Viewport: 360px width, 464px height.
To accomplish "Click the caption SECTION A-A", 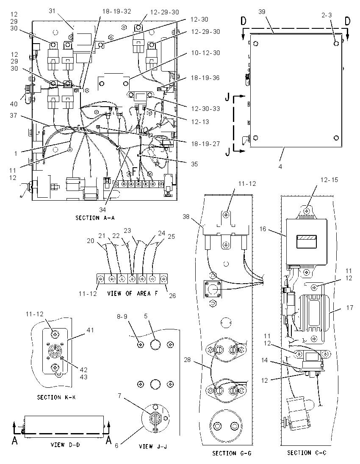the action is click(x=95, y=218).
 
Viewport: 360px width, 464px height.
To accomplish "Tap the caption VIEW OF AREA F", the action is click(x=133, y=293).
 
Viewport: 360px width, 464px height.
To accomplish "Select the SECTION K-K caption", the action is click(x=56, y=398).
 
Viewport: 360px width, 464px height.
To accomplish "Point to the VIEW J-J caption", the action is click(x=153, y=446).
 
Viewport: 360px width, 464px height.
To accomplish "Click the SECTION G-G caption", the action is click(x=232, y=453).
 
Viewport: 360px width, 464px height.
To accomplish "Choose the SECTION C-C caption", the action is click(x=307, y=453).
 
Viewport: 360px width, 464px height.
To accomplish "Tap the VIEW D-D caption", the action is click(x=65, y=445).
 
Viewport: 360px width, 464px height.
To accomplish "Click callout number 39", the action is click(x=262, y=12).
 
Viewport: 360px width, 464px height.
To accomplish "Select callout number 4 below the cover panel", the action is click(x=280, y=167).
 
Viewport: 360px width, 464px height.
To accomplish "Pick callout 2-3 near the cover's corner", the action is click(x=327, y=15).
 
